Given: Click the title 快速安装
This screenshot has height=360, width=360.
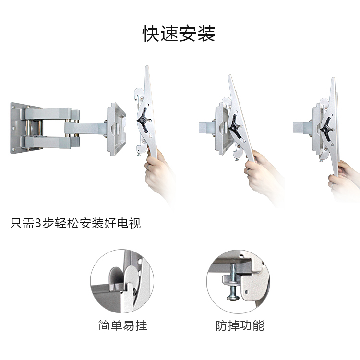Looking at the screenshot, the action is tap(179, 34).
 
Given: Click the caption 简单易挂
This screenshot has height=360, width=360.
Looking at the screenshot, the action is tap(123, 325).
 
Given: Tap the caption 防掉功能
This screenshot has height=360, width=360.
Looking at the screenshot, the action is tap(240, 325).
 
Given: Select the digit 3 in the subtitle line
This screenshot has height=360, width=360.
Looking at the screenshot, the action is tap(38, 223).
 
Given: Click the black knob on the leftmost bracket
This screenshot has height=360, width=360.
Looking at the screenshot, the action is tap(143, 119).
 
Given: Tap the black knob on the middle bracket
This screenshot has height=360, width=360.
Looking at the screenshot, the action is tap(235, 126).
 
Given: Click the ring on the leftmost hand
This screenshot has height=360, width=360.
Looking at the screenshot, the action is tap(149, 166).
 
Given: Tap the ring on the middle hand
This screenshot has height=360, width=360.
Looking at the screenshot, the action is tap(248, 171).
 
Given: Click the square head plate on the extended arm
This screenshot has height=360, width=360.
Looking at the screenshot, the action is tap(117, 129).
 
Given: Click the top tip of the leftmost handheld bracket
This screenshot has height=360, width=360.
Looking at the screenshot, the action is tap(147, 66).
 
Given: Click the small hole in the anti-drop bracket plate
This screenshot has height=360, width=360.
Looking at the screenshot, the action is tap(246, 292).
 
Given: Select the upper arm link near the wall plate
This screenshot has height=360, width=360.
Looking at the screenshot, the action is tap(47, 113).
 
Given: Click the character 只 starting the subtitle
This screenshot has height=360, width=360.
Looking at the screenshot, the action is tap(16, 223).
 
